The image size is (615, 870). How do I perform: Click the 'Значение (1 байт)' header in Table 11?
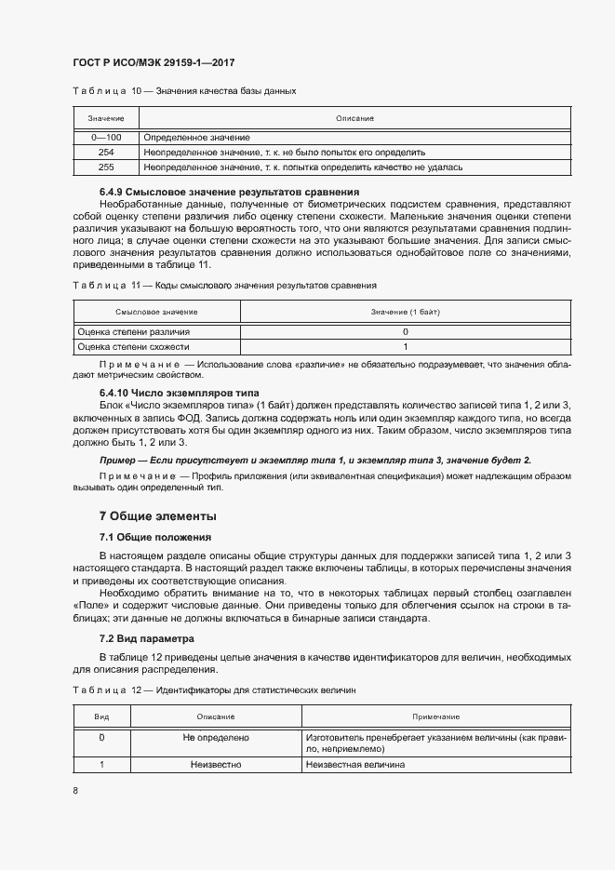[x=405, y=312]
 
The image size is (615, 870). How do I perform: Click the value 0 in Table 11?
[x=405, y=331]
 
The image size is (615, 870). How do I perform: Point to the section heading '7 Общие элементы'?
[x=157, y=515]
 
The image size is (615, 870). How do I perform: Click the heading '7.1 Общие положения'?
[x=154, y=537]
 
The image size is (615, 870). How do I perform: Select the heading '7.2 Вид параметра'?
[x=147, y=638]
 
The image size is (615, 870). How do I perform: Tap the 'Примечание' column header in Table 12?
[x=436, y=716]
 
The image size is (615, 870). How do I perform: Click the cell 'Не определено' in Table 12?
[x=216, y=737]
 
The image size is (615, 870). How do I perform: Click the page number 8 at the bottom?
[x=75, y=790]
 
